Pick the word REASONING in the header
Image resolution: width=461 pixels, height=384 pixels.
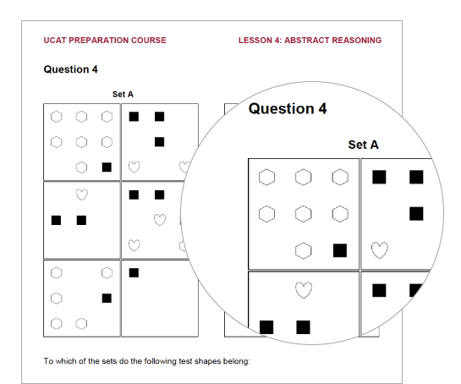pyautogui.click(x=357, y=41)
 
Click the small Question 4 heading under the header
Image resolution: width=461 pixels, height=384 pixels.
pyautogui.click(x=70, y=69)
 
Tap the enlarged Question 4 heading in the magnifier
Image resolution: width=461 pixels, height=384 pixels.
pyautogui.click(x=288, y=108)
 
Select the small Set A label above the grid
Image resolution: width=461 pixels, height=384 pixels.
pyautogui.click(x=123, y=95)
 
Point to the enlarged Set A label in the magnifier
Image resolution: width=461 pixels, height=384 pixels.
pyautogui.click(x=364, y=145)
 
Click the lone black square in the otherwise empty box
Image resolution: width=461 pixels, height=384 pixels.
pyautogui.click(x=134, y=273)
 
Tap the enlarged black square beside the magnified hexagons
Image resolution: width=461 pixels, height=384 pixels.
pyautogui.click(x=340, y=250)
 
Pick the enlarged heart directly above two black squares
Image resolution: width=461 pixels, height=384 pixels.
pyautogui.click(x=304, y=290)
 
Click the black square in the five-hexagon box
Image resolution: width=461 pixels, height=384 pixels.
pyautogui.click(x=107, y=298)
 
